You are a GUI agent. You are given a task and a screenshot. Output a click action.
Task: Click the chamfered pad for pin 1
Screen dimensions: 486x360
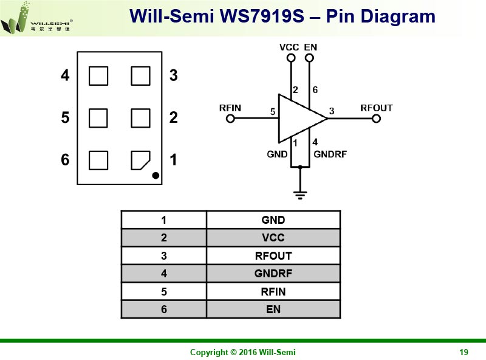[140, 160]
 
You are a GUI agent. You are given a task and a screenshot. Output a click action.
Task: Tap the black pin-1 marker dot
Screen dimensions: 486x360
[156, 176]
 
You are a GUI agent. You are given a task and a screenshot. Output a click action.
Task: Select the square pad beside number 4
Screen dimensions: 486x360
[98, 76]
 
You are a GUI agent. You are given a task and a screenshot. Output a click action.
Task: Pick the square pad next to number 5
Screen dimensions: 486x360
[98, 118]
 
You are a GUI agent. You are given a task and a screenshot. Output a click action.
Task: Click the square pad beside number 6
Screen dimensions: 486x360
[98, 160]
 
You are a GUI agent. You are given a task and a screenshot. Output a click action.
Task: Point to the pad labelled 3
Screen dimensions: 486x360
[141, 76]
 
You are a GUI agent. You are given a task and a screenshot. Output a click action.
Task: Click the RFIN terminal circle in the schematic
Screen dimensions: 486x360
[230, 119]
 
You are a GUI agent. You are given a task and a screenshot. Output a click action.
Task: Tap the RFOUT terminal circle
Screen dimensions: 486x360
[376, 119]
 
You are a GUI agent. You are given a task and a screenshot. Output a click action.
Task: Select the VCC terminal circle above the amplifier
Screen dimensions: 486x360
[291, 58]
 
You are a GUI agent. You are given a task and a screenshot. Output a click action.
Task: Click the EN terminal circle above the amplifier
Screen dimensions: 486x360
[309, 58]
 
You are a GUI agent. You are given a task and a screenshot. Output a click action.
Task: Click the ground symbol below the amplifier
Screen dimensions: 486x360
[300, 195]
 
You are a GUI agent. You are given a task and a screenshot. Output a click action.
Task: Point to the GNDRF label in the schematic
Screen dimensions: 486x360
[330, 154]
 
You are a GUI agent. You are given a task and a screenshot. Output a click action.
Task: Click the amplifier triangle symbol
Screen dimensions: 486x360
[303, 119]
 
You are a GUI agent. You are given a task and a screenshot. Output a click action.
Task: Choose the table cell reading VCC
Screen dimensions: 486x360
[273, 238]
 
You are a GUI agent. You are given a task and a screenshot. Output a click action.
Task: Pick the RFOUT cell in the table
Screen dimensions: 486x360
[273, 256]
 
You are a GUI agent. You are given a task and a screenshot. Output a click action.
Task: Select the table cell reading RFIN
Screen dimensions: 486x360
[273, 291]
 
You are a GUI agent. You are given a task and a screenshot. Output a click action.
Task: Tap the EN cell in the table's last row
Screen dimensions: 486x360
[273, 309]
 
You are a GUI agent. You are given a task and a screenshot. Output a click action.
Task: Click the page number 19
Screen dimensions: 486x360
[464, 352]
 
